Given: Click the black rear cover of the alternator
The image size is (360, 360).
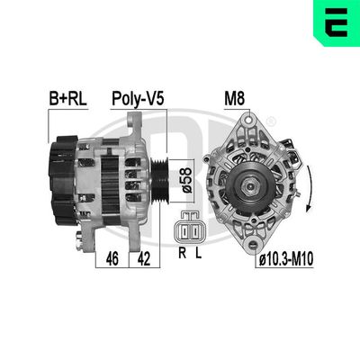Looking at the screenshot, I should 63,180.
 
